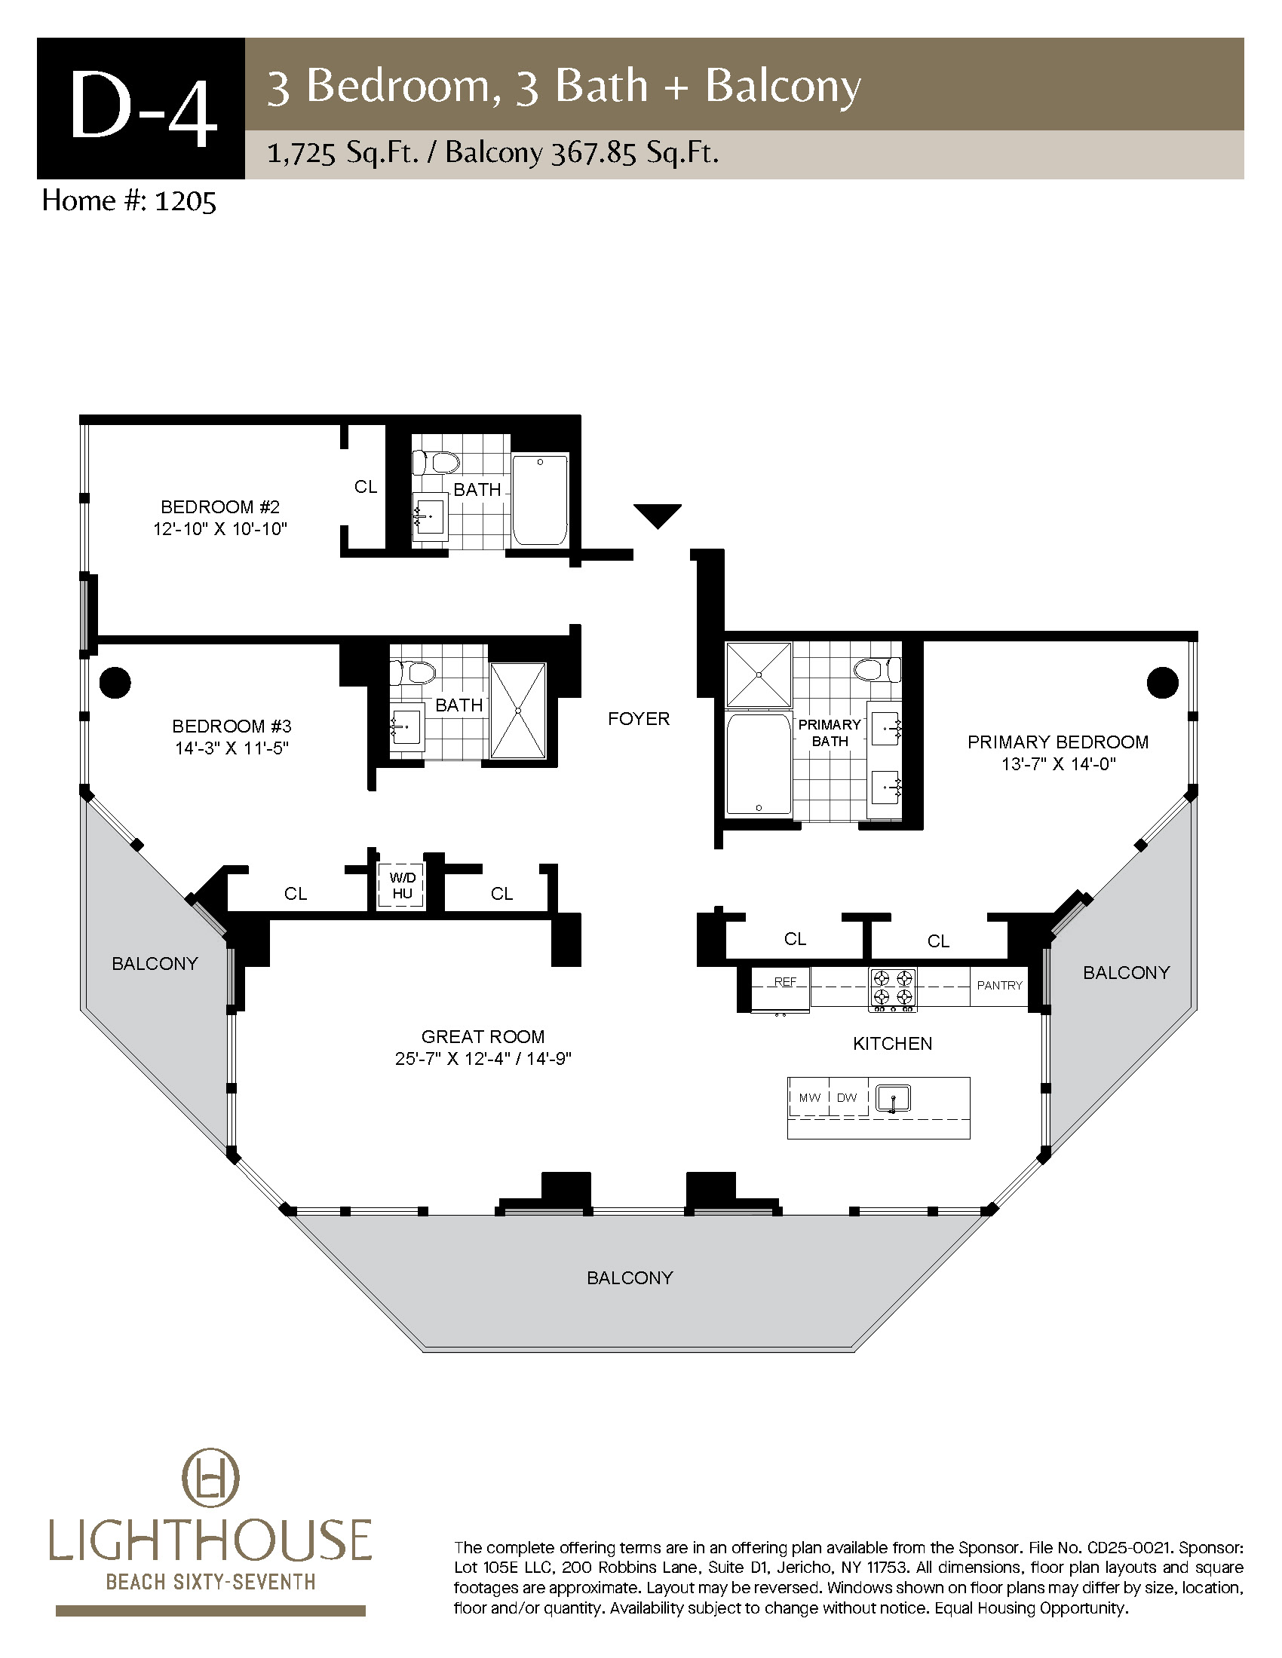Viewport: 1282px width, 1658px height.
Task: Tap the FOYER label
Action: pyautogui.click(x=639, y=718)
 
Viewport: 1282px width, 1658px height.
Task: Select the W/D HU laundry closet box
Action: pyautogui.click(x=401, y=886)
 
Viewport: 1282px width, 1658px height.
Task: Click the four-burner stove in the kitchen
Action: pyautogui.click(x=892, y=990)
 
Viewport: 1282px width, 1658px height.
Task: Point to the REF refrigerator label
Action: pyautogui.click(x=784, y=981)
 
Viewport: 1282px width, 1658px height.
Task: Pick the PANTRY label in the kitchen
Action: pyautogui.click(x=999, y=985)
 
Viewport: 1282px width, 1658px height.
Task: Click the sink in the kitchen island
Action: pyautogui.click(x=893, y=1099)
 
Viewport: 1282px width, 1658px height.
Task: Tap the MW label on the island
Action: pyautogui.click(x=810, y=1097)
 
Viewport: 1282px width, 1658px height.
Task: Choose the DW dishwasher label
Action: pyautogui.click(x=846, y=1097)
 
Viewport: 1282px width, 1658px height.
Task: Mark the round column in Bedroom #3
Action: pyautogui.click(x=115, y=682)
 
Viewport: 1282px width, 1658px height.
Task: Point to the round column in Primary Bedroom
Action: pyautogui.click(x=1162, y=682)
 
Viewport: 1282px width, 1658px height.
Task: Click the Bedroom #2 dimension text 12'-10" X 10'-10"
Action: pyautogui.click(x=220, y=529)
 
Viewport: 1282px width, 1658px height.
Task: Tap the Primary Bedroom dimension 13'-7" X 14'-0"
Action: pyautogui.click(x=1058, y=763)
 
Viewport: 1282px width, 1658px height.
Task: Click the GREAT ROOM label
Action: pyautogui.click(x=483, y=1036)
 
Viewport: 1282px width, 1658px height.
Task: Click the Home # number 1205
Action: pyautogui.click(x=186, y=201)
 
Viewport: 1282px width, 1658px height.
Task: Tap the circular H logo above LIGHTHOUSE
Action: pyautogui.click(x=210, y=1479)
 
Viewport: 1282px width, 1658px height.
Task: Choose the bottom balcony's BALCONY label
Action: pyautogui.click(x=630, y=1277)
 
